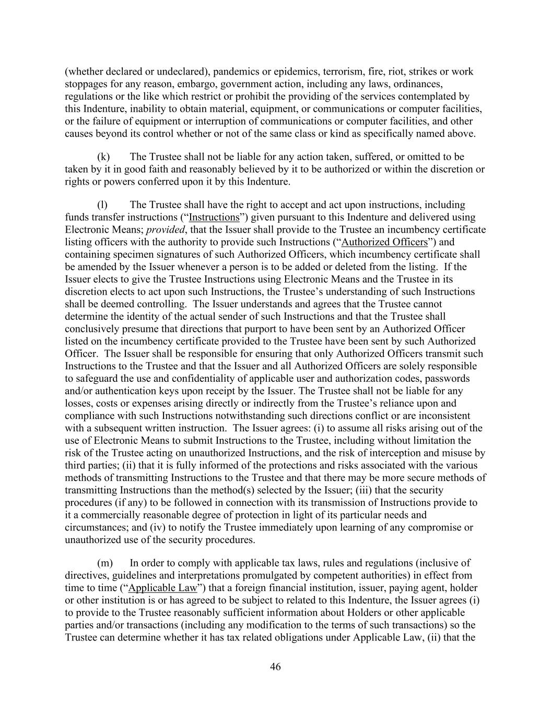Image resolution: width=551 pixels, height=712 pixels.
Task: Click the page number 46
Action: click(275, 667)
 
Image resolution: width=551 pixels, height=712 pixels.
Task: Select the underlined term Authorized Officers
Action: click(384, 242)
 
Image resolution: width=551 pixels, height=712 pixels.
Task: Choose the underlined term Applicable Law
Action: click(162, 588)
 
